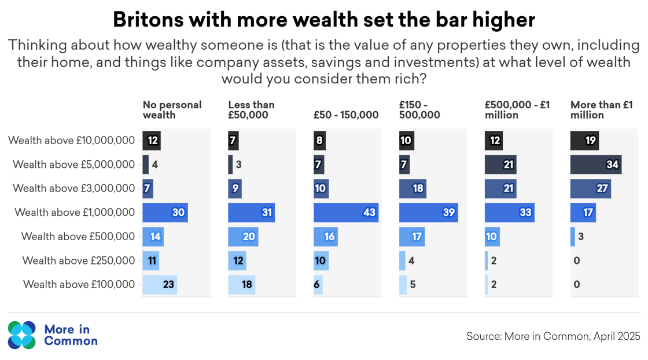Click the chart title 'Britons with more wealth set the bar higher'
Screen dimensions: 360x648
point(323,20)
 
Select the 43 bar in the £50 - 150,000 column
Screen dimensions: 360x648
point(346,212)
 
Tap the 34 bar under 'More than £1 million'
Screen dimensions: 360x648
point(596,165)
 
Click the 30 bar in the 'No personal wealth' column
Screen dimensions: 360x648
point(165,212)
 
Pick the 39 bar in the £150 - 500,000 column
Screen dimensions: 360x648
point(428,212)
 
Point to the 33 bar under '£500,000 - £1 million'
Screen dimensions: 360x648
point(509,212)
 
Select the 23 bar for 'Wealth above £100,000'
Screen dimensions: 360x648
point(160,284)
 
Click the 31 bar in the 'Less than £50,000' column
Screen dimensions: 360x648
point(251,212)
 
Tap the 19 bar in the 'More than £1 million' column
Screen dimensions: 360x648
point(584,141)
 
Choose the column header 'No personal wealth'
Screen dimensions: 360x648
point(172,109)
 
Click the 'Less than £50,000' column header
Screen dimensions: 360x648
point(251,109)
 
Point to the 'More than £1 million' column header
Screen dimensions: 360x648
point(601,109)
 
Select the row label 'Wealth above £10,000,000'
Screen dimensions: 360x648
point(71,141)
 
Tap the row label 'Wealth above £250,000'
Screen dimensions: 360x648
point(78,260)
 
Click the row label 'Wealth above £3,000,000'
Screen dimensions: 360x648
point(73,189)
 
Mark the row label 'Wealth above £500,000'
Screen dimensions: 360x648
point(78,237)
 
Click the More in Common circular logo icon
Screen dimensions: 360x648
point(22,335)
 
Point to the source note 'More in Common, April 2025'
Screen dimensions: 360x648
point(553,336)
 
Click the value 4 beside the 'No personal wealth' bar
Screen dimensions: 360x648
point(155,165)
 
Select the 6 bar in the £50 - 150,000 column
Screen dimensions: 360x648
point(318,284)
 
